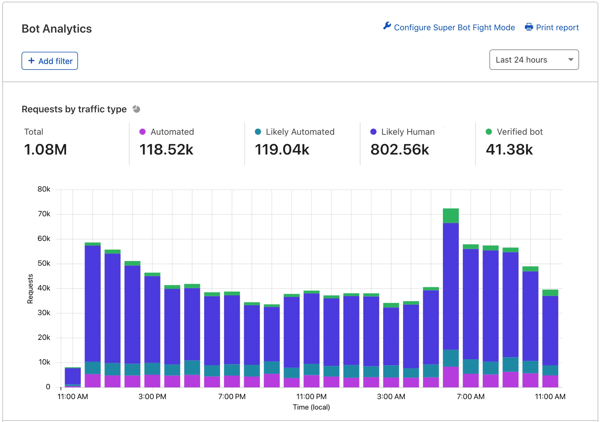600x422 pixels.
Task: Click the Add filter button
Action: (50, 61)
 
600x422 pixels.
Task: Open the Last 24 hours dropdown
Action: (534, 60)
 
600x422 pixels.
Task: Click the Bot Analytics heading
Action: (57, 29)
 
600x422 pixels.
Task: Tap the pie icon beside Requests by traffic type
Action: (136, 109)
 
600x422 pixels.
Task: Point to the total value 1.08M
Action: (45, 150)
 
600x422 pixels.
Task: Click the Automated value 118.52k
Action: (166, 150)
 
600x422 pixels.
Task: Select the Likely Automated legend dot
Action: (258, 132)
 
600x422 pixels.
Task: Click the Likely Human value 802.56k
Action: (400, 150)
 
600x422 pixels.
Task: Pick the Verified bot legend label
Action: (519, 132)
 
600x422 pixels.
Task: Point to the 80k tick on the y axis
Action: (44, 189)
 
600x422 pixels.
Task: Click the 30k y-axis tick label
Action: (44, 313)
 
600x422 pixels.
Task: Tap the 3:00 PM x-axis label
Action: (152, 396)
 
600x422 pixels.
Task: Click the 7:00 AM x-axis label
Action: (471, 396)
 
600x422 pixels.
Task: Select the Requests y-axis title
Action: (30, 288)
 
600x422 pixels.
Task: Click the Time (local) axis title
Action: (311, 407)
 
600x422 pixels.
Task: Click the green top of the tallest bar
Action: (451, 216)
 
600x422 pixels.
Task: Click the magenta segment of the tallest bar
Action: (451, 377)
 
